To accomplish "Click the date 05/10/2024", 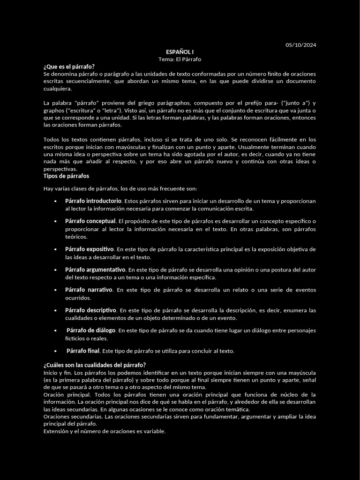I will (300, 45).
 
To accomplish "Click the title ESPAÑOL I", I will (180, 52).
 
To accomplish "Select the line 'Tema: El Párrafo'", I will (180, 59).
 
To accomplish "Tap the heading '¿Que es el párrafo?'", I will (69, 67).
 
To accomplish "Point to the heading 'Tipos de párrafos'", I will (66, 176).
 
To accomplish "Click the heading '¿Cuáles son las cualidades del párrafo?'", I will (94, 365).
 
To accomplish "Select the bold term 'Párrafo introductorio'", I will (93, 201).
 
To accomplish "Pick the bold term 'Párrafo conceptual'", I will (90, 221).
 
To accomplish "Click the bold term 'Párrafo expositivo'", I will (89, 249).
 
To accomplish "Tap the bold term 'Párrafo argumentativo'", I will (95, 270).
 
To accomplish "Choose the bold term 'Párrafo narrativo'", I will (89, 290).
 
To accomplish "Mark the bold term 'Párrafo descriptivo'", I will (90, 310).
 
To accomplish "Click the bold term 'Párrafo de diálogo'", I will (91, 330).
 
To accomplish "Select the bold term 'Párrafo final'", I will (83, 351).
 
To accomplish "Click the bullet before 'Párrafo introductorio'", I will (55, 201).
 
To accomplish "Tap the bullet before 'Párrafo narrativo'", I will (55, 290).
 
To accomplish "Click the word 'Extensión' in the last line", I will (56, 431).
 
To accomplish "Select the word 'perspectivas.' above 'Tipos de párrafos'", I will (60, 169).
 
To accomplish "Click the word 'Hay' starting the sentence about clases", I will (48, 188).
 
